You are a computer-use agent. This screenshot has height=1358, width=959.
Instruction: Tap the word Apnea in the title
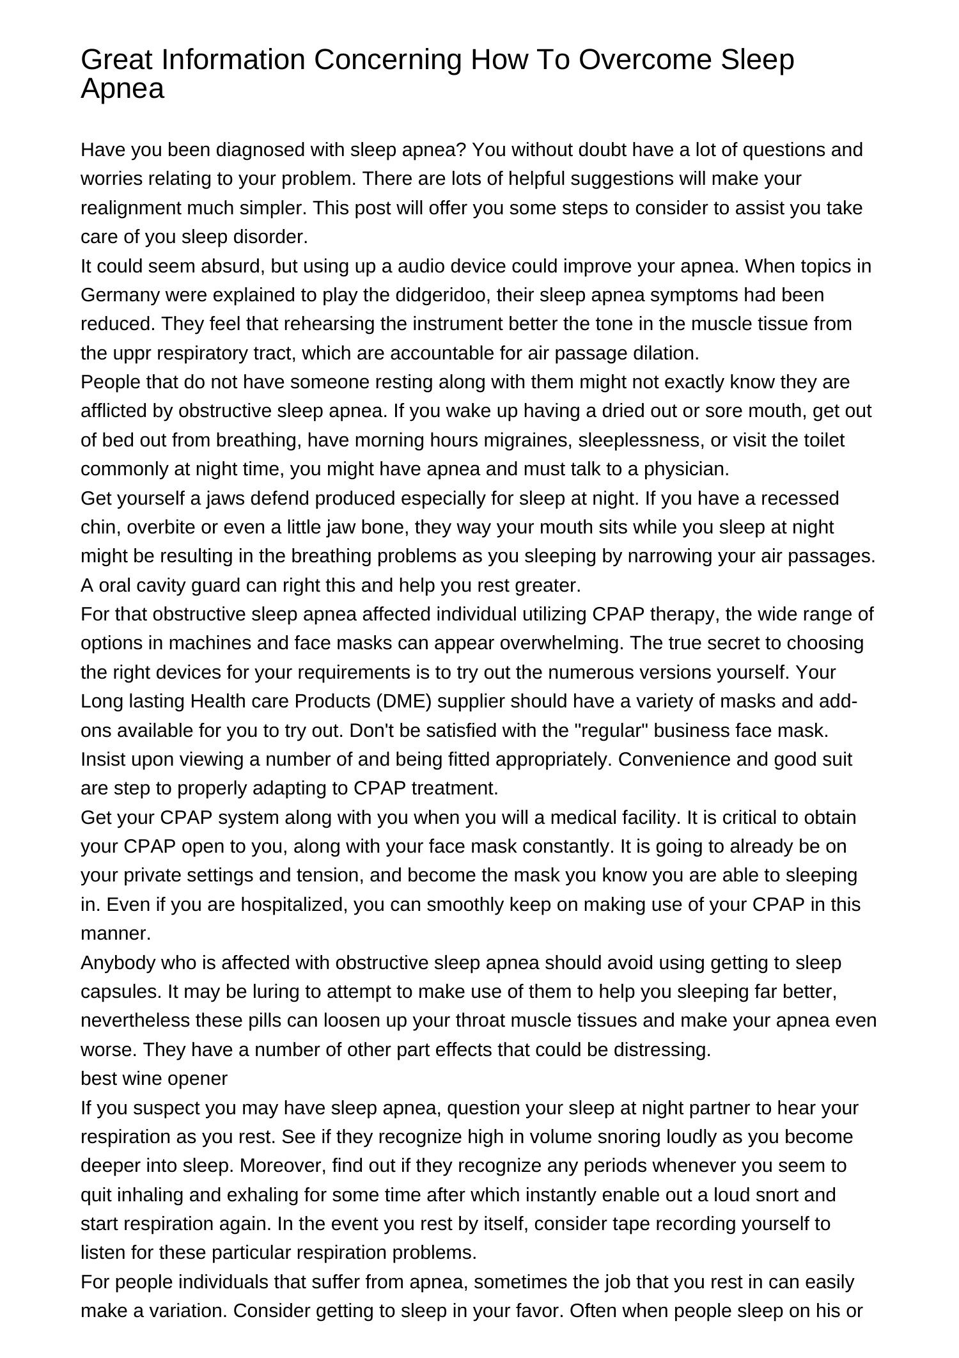[122, 89]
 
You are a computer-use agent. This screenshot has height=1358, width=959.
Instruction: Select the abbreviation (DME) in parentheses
[404, 701]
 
